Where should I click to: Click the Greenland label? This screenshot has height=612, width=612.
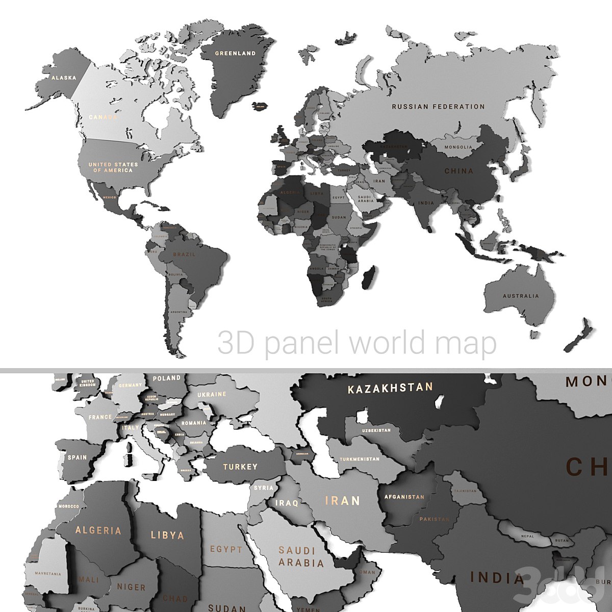[235, 53]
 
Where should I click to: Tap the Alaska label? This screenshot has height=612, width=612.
[64, 78]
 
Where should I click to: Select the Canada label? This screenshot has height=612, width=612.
[104, 117]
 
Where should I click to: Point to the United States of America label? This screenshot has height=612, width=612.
[113, 167]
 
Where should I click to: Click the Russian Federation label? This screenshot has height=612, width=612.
[438, 107]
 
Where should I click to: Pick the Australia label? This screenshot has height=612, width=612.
[520, 296]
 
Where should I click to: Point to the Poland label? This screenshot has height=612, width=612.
[167, 378]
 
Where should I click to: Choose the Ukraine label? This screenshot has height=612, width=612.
[212, 394]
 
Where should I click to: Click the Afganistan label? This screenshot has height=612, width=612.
[404, 497]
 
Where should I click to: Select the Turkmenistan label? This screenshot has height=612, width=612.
[360, 459]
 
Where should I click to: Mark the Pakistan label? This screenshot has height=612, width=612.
[434, 519]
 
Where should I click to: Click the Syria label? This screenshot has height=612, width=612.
[264, 488]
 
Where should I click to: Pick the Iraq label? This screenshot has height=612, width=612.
[287, 503]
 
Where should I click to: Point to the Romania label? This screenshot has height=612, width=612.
[194, 423]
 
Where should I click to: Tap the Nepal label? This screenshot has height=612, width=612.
[527, 537]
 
